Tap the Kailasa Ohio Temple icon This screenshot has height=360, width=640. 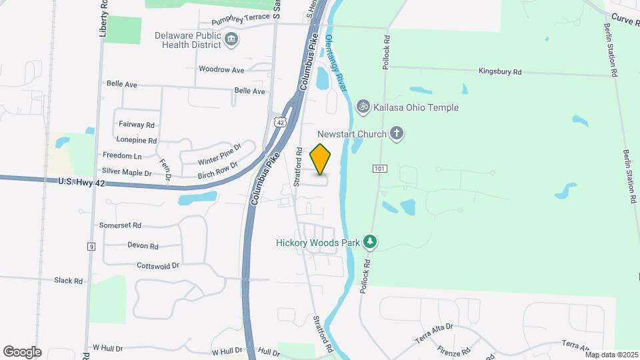tap(363, 106)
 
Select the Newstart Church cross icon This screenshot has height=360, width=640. tap(397, 133)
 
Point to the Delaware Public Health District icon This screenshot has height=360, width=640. tap(231, 40)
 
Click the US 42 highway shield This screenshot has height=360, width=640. tap(280, 120)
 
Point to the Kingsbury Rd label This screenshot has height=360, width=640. tap(500, 71)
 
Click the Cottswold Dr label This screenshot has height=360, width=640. tap(158, 265)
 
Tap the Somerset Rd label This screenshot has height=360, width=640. tap(120, 225)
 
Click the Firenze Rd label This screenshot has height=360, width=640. tap(455, 349)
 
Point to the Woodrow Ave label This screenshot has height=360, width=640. tap(221, 69)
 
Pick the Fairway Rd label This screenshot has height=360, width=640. tap(136, 124)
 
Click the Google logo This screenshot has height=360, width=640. tap(22, 351)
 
